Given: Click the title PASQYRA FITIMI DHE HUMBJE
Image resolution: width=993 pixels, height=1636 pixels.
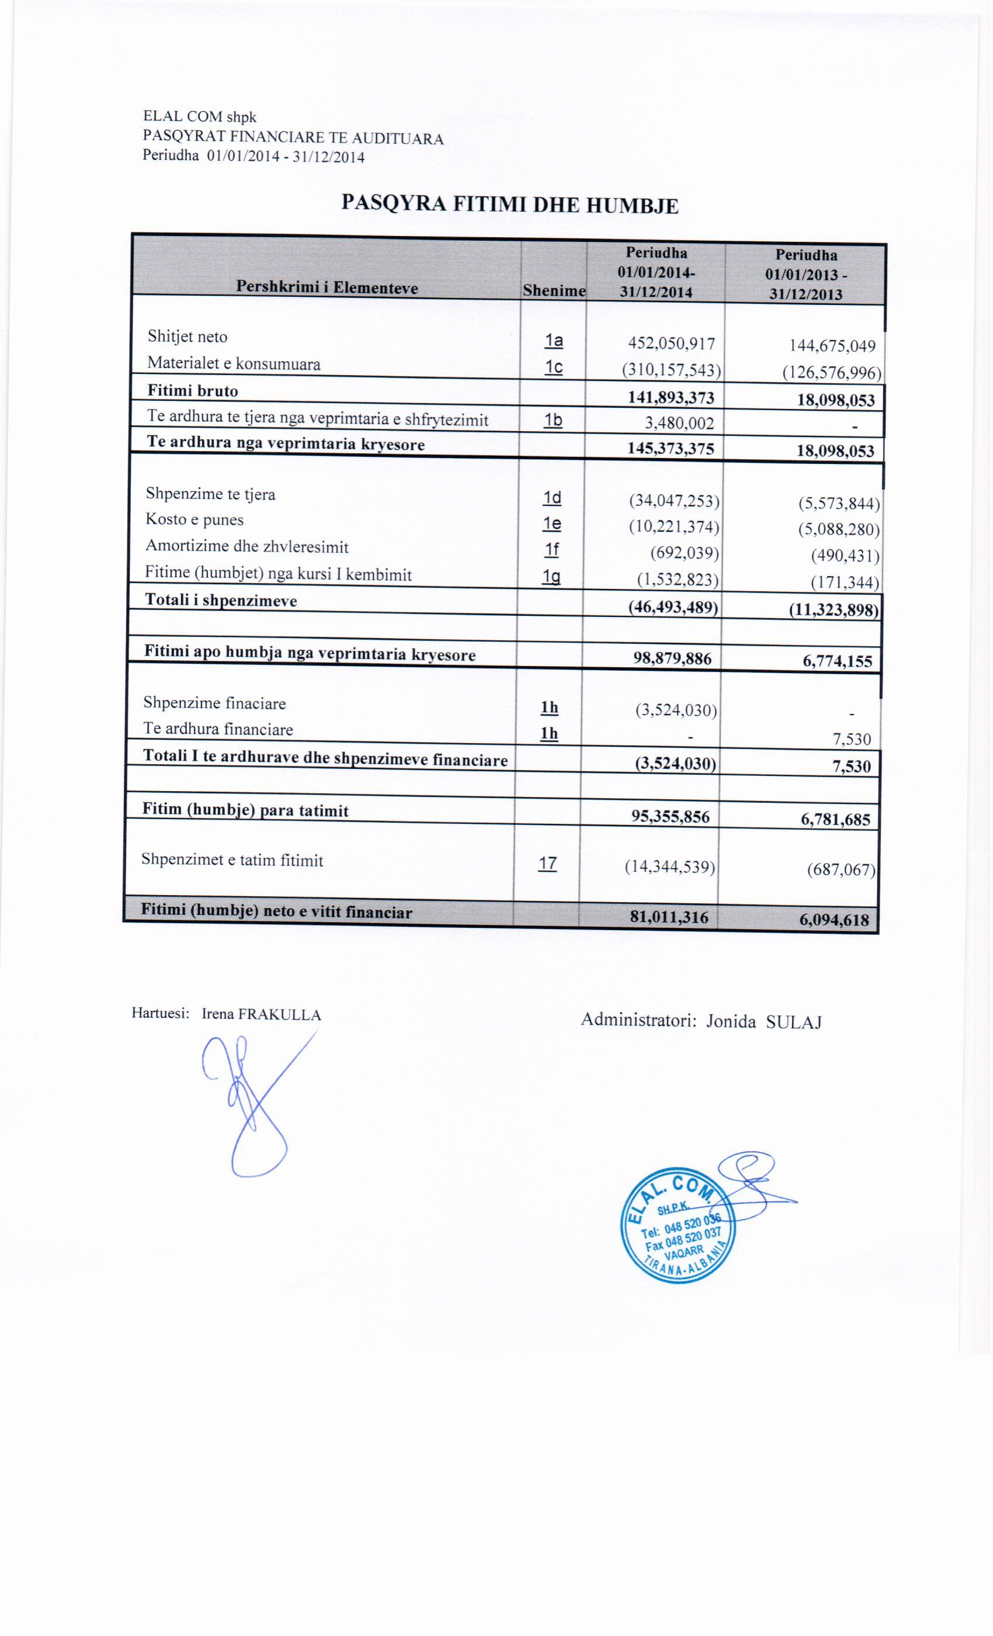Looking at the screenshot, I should point(509,204).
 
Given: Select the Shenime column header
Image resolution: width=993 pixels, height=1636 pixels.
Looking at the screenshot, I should point(554,291).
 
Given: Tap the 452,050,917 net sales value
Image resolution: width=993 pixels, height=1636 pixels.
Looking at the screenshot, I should point(671,344).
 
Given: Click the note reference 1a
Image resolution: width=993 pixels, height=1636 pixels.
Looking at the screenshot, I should point(554,341).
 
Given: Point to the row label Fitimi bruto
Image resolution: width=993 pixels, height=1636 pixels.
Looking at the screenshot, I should point(193,390).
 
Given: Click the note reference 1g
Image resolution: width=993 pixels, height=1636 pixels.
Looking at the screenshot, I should point(550,577).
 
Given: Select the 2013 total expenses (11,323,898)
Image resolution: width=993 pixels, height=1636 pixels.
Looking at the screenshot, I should point(834,609).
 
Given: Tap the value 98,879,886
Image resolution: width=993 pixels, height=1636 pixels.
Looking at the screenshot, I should point(672,658).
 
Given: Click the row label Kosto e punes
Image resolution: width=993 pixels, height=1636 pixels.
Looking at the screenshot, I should point(195,520).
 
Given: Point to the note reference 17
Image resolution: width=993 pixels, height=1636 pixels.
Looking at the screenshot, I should point(548,864).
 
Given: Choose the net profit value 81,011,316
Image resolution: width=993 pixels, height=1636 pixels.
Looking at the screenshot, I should point(669,917).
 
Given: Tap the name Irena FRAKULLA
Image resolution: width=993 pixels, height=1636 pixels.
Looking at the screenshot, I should point(261,1014).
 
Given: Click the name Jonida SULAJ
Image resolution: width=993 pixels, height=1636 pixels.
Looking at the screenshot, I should point(763,1022).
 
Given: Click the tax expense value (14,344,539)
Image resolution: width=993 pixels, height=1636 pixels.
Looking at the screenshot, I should point(670,867).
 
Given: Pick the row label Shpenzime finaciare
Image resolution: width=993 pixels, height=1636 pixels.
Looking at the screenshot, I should point(214,703).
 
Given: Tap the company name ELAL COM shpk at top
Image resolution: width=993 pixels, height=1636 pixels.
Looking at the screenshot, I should point(200,117).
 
